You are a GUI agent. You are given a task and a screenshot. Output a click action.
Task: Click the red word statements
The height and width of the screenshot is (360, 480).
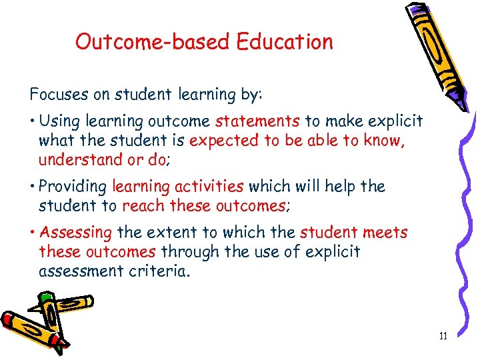[257, 121]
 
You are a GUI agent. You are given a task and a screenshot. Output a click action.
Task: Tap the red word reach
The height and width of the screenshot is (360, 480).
[141, 205]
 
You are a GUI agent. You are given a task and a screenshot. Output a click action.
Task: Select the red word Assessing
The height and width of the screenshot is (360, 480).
[75, 233]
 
